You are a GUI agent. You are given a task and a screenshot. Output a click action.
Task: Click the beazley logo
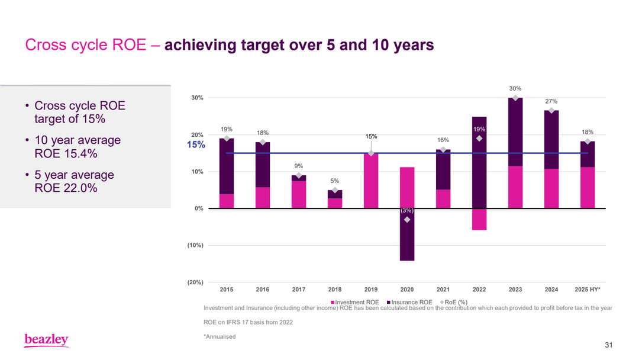click(x=46, y=340)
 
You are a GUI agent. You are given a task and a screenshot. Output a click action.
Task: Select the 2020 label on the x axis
click(x=407, y=290)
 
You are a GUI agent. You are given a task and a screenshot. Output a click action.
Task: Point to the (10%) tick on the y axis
click(x=196, y=245)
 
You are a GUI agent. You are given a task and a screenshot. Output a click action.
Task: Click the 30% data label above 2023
click(x=515, y=88)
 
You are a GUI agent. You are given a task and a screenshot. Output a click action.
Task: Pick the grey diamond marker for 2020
click(x=407, y=220)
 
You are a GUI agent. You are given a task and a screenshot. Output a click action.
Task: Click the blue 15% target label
click(x=196, y=145)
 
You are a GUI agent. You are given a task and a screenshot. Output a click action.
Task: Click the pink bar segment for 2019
click(x=371, y=181)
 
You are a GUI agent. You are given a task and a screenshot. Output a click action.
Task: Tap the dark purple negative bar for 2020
click(x=407, y=237)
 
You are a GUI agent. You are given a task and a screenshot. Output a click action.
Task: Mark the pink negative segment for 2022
click(x=479, y=219)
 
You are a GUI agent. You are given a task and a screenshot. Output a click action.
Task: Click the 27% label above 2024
click(x=551, y=101)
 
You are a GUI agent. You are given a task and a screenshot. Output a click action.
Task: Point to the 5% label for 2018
click(x=334, y=181)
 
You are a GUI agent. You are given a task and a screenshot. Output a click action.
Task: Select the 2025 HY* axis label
click(x=588, y=290)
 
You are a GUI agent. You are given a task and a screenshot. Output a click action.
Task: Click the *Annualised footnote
click(x=220, y=336)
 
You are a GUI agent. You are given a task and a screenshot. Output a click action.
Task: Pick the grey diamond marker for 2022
click(x=479, y=138)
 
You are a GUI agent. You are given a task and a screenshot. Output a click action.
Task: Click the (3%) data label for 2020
click(x=407, y=210)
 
